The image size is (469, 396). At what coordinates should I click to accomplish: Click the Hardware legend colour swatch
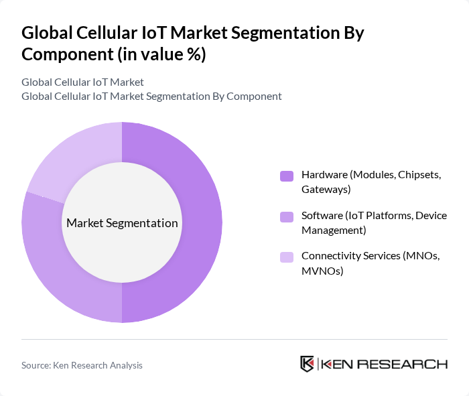(287, 176)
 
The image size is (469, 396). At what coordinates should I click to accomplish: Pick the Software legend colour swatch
(287, 217)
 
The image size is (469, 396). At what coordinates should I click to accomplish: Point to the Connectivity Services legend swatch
(287, 257)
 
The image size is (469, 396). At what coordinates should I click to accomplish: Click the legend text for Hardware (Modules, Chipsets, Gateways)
(371, 182)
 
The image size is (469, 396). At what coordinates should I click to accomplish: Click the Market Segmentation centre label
(122, 223)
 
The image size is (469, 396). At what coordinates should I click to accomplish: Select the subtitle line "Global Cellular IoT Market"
(82, 82)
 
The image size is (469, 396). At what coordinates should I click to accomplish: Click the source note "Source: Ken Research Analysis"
(82, 365)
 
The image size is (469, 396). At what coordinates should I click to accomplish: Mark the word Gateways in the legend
(325, 190)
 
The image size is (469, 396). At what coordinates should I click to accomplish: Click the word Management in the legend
(333, 230)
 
